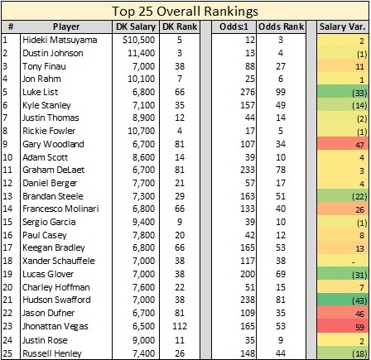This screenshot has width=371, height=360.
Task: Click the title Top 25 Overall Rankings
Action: click(x=185, y=12)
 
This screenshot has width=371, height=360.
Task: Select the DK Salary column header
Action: click(x=136, y=26)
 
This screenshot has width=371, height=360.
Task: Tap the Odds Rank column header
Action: click(x=281, y=26)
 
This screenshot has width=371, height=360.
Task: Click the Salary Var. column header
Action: click(x=342, y=26)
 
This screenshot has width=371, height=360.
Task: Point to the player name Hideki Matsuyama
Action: click(x=60, y=41)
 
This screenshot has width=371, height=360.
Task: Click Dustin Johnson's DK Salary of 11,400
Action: click(x=141, y=53)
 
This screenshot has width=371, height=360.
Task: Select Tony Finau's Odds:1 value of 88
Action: click(x=250, y=66)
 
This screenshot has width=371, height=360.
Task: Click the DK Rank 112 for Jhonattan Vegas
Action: click(x=180, y=326)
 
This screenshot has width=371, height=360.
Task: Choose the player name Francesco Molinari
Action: click(x=60, y=209)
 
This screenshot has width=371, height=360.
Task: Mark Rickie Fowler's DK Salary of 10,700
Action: click(x=141, y=131)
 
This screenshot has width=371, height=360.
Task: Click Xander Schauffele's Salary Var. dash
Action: click(x=354, y=262)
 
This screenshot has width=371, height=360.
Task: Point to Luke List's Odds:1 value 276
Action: click(x=248, y=92)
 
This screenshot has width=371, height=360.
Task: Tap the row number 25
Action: click(x=7, y=353)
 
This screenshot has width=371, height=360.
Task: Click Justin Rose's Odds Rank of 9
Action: click(x=281, y=340)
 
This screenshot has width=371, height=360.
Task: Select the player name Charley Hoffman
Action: click(x=56, y=287)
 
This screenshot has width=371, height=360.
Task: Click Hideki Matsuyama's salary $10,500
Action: click(x=139, y=40)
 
